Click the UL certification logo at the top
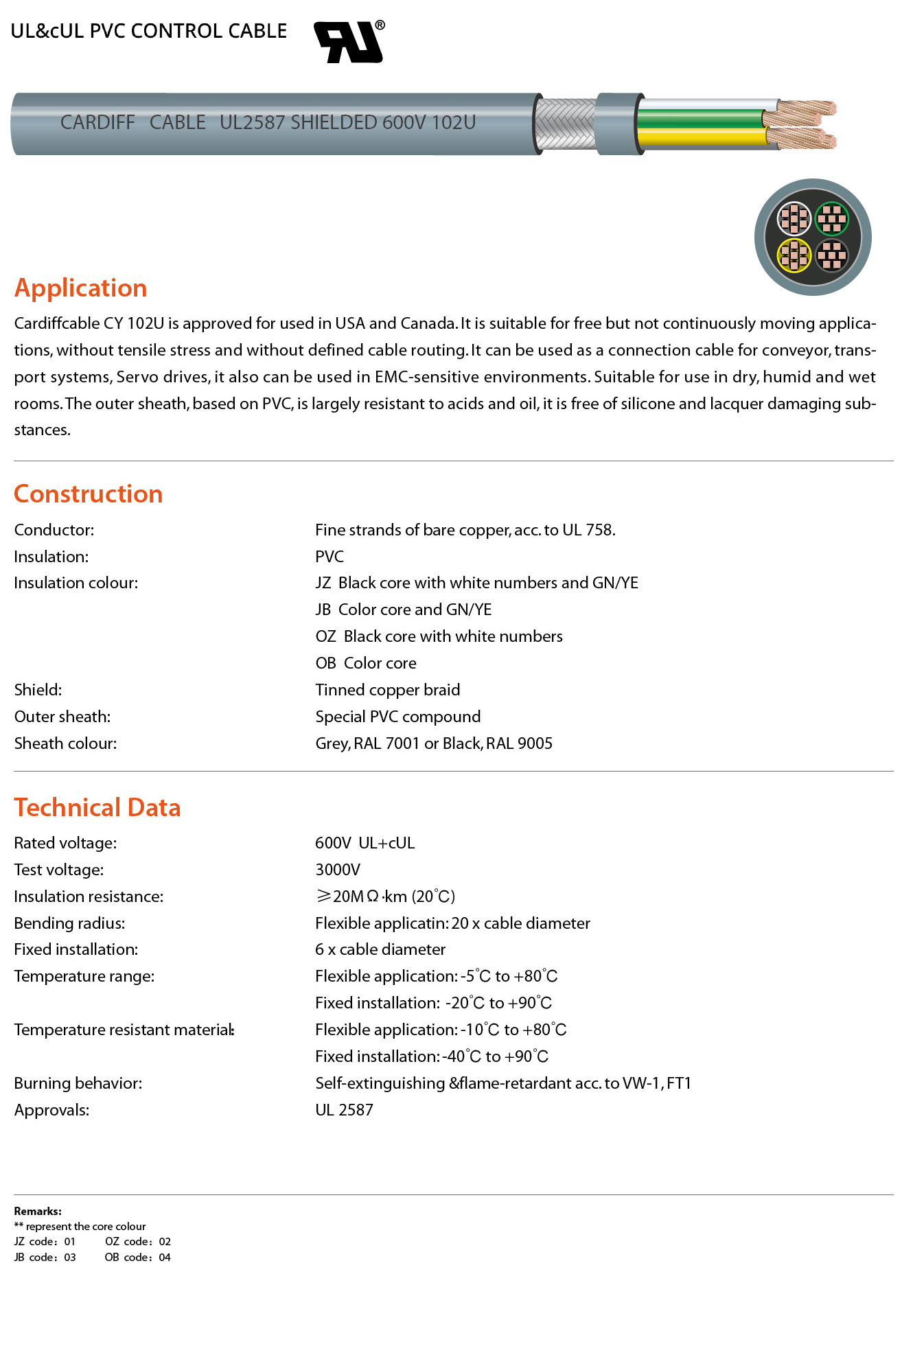[348, 42]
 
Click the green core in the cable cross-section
[832, 219]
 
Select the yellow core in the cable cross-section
[794, 255]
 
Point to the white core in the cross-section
[794, 219]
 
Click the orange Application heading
[81, 288]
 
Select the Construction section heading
[89, 494]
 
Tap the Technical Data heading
[97, 808]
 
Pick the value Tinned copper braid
[388, 690]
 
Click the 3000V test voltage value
[338, 870]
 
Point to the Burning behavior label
[78, 1083]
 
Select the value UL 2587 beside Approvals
[344, 1110]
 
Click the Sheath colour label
[66, 743]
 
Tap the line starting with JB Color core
[404, 610]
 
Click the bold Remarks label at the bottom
[38, 1212]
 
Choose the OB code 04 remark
[137, 1258]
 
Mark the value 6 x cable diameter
[380, 949]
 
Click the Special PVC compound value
[398, 717]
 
